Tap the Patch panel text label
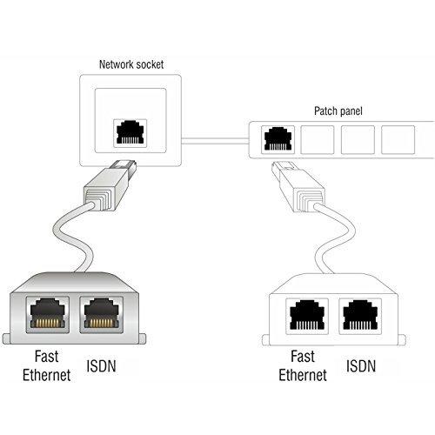pyautogui.click(x=338, y=111)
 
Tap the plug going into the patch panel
pyautogui.click(x=290, y=188)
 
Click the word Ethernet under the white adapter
pyautogui.click(x=303, y=376)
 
